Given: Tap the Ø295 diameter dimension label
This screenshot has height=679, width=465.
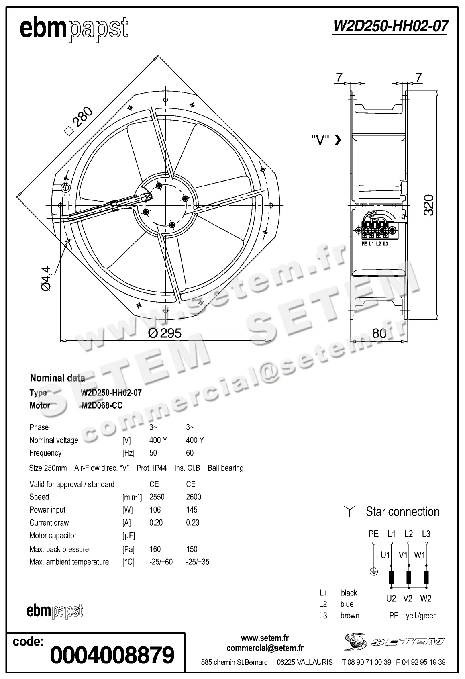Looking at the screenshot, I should pyautogui.click(x=165, y=333).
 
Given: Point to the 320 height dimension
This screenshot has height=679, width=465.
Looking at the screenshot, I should pyautogui.click(x=429, y=205).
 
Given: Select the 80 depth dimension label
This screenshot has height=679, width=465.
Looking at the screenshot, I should pyautogui.click(x=379, y=333).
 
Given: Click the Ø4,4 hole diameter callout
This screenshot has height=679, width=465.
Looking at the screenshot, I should pyautogui.click(x=46, y=278).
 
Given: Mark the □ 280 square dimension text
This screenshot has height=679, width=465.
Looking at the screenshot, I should pyautogui.click(x=79, y=122).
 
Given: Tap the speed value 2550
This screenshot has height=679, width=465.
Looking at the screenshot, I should pyautogui.click(x=157, y=497).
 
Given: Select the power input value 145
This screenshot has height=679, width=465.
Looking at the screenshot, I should pyautogui.click(x=192, y=510).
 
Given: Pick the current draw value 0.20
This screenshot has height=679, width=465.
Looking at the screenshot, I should pyautogui.click(x=156, y=523).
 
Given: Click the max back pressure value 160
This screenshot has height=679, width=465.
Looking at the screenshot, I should pyautogui.click(x=155, y=549).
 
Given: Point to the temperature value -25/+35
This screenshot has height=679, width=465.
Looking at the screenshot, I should pyautogui.click(x=198, y=562).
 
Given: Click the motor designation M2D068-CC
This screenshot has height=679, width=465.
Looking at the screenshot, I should pyautogui.click(x=102, y=405).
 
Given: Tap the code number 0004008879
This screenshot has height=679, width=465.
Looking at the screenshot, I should pyautogui.click(x=112, y=655).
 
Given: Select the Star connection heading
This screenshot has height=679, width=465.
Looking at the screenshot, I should pyautogui.click(x=402, y=512).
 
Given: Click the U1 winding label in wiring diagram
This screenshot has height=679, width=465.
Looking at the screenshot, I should pyautogui.click(x=385, y=555).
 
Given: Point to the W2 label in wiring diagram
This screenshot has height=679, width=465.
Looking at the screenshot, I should pyautogui.click(x=426, y=599).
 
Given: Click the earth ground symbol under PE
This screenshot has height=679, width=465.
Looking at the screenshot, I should pyautogui.click(x=373, y=572).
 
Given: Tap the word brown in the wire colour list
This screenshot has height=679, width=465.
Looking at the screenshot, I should pyautogui.click(x=350, y=616).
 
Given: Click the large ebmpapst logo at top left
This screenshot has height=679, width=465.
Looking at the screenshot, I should pyautogui.click(x=74, y=29).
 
